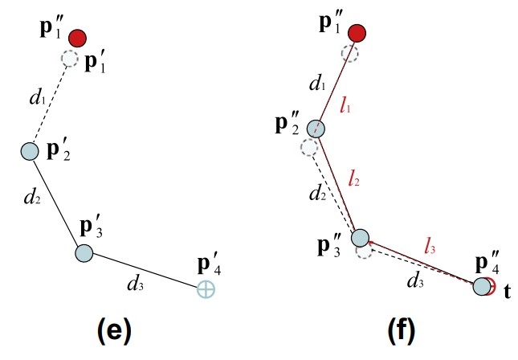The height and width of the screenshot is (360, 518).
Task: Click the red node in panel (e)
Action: click(x=77, y=38)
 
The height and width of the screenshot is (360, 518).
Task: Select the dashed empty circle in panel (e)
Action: click(x=70, y=59)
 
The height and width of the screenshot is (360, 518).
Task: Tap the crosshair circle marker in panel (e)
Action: click(x=206, y=290)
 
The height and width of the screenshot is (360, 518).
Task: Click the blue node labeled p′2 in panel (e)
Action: click(x=30, y=151)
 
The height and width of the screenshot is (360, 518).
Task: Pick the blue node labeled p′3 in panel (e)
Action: click(x=84, y=253)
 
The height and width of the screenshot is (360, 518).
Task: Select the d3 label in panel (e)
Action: click(x=136, y=282)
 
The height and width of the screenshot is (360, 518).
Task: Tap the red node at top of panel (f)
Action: click(x=357, y=33)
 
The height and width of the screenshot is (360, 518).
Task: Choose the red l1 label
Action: click(x=347, y=106)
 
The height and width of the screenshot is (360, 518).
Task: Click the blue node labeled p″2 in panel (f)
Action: click(x=316, y=129)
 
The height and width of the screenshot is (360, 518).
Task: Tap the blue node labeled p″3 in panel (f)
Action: click(x=360, y=237)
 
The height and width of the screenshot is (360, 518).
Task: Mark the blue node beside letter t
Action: click(x=481, y=285)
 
